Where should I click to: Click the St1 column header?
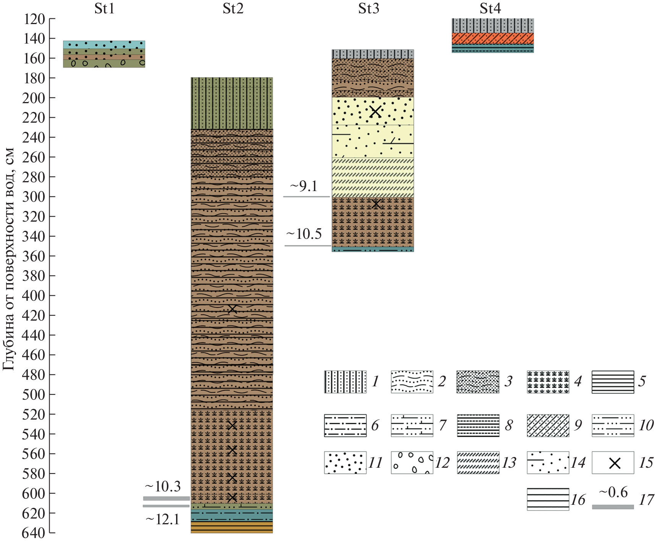pyautogui.click(x=104, y=8)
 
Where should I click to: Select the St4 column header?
pyautogui.click(x=490, y=8)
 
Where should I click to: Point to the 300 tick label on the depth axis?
pyautogui.click(x=34, y=197)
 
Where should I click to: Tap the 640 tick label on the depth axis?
pyautogui.click(x=34, y=533)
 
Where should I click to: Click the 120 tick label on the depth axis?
pyautogui.click(x=34, y=19)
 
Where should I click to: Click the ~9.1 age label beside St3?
pyautogui.click(x=304, y=186)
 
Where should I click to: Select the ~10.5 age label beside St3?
pyautogui.click(x=304, y=234)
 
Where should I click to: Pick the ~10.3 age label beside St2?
pyautogui.click(x=163, y=486)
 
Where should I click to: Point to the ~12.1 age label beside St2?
pyautogui.click(x=163, y=520)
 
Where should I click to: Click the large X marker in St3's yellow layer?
pyautogui.click(x=376, y=111)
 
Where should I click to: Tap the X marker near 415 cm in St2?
pyautogui.click(x=232, y=309)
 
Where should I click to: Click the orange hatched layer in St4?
pyautogui.click(x=493, y=38)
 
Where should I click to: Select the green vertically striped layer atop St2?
pyautogui.click(x=232, y=103)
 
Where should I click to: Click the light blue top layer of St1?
pyautogui.click(x=104, y=44)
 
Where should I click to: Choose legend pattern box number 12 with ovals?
pyautogui.click(x=412, y=463)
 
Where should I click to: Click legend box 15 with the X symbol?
pyautogui.click(x=613, y=463)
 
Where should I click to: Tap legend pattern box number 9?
pyautogui.click(x=548, y=425)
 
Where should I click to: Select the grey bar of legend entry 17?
pyautogui.click(x=613, y=507)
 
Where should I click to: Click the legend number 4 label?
pyautogui.click(x=578, y=381)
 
